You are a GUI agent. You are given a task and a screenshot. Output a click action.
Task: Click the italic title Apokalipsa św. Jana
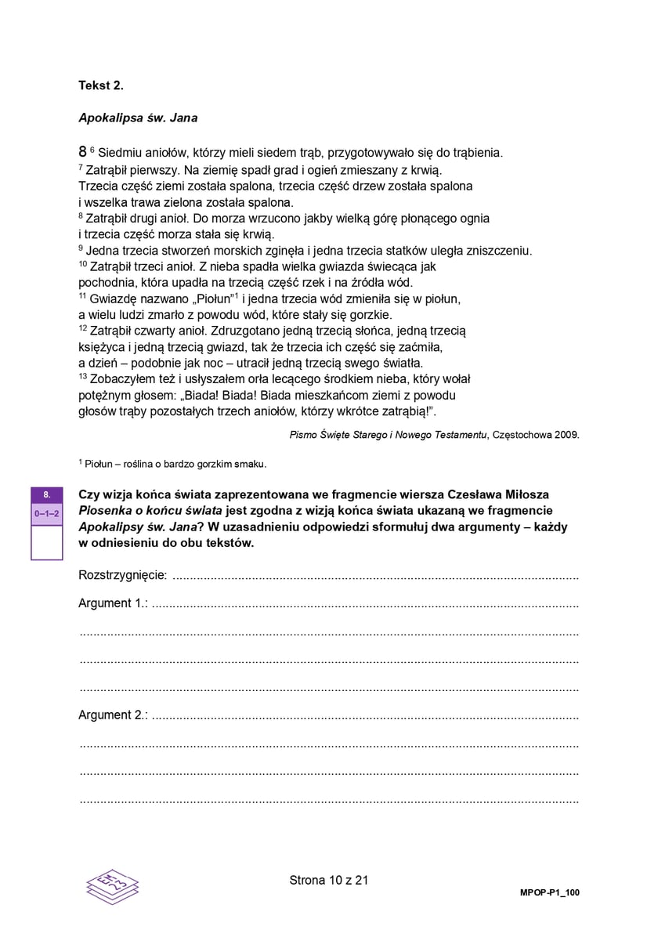pyautogui.click(x=138, y=118)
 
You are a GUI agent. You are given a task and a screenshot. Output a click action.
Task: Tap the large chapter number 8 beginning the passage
pyautogui.click(x=82, y=152)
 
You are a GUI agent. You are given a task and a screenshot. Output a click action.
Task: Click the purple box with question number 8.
pyautogui.click(x=47, y=494)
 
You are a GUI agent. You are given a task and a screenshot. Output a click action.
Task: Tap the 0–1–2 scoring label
pyautogui.click(x=47, y=513)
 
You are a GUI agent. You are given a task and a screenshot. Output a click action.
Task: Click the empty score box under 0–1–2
pyautogui.click(x=47, y=541)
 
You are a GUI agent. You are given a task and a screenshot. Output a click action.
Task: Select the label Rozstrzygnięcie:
pyautogui.click(x=123, y=576)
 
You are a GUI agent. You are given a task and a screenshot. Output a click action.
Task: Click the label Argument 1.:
pyautogui.click(x=114, y=603)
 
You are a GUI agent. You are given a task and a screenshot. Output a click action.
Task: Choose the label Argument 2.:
pyautogui.click(x=114, y=715)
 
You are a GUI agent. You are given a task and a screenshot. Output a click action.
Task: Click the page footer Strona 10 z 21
pyautogui.click(x=329, y=880)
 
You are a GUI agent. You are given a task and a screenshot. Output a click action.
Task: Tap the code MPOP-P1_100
pyautogui.click(x=550, y=892)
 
